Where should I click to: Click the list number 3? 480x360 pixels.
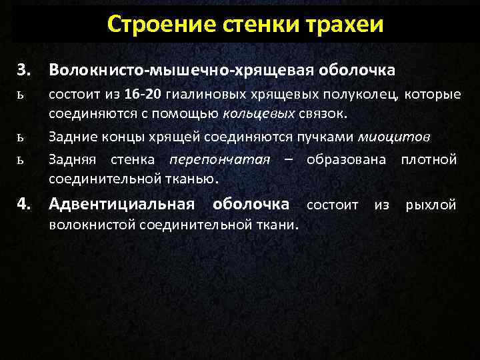25,69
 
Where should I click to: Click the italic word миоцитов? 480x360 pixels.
395,137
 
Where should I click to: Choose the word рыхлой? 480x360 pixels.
431,205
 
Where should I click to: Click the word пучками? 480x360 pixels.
331,137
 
